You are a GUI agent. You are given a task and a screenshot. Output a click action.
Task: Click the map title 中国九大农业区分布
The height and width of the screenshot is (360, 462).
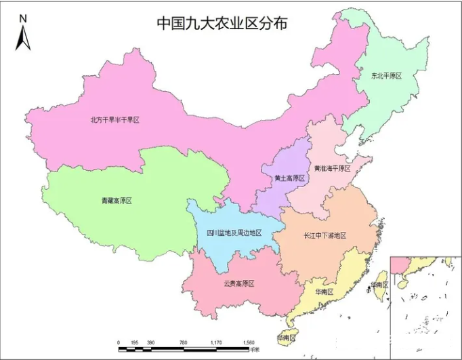(x=222, y=22)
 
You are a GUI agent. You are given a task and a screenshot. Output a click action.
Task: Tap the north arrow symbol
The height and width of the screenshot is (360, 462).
(x=22, y=39)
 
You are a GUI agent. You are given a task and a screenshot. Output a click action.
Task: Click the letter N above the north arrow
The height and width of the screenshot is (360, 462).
(x=22, y=18)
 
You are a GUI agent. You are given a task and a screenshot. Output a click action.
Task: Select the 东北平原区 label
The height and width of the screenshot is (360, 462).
(x=385, y=76)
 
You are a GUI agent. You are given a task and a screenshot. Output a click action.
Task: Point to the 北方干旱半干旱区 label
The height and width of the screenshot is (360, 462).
(x=114, y=120)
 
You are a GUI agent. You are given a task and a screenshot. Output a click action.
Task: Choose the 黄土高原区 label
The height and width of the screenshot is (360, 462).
(x=289, y=178)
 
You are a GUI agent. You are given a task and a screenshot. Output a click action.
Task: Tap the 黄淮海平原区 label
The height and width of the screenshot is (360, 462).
(x=332, y=168)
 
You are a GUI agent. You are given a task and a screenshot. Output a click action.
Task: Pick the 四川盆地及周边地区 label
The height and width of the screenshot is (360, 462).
(x=234, y=233)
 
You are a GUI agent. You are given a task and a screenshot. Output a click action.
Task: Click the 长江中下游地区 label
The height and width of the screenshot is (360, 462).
(x=324, y=235)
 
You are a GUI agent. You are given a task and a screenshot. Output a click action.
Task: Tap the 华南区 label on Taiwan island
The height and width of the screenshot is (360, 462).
(x=379, y=285)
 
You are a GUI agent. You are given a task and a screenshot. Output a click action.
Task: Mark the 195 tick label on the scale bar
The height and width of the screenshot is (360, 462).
(x=135, y=343)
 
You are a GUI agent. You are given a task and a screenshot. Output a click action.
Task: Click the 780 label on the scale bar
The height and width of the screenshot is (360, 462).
(x=184, y=343)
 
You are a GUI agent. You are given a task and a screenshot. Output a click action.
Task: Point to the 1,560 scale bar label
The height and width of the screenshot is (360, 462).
(x=249, y=343)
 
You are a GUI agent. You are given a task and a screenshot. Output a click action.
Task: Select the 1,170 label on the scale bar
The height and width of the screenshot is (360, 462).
(x=216, y=343)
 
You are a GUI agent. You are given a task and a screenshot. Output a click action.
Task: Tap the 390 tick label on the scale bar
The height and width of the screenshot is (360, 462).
(x=151, y=343)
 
